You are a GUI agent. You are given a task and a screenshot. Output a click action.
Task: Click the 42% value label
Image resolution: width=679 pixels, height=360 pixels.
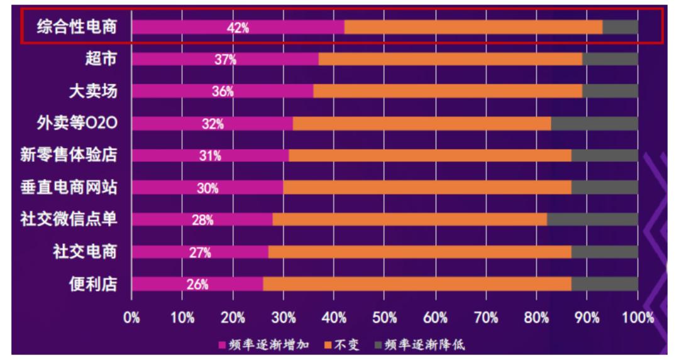[238, 27]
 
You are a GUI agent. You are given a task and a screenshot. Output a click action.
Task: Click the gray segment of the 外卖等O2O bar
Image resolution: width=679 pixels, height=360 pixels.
[594, 124]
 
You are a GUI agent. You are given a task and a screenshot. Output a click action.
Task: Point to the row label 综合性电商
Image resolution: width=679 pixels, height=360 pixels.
[76, 27]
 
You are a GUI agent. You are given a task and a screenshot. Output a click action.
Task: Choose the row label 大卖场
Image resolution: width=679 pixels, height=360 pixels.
[93, 91]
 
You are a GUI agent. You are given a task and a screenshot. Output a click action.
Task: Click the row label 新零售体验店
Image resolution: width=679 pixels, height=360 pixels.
[69, 155]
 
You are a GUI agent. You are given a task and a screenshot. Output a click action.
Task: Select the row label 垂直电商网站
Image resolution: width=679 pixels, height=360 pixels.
[69, 187]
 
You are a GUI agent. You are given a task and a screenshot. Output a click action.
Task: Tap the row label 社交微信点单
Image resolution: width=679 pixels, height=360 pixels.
[69, 219]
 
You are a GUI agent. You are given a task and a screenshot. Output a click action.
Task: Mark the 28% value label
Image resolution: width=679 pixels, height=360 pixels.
[202, 220]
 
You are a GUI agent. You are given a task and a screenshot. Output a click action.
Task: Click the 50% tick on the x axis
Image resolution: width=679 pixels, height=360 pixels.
[385, 318]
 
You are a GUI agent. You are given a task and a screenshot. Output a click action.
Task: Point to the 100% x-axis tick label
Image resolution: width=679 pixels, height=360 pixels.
[639, 318]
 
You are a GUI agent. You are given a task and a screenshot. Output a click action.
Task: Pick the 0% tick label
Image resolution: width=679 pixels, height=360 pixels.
[131, 318]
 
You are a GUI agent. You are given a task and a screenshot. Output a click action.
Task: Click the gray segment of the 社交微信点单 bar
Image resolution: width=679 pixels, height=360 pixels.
[592, 220]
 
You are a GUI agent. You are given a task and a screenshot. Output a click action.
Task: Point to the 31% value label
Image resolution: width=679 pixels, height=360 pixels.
[210, 156]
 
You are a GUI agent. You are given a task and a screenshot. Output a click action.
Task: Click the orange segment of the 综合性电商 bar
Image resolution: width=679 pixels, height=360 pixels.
[473, 27]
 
